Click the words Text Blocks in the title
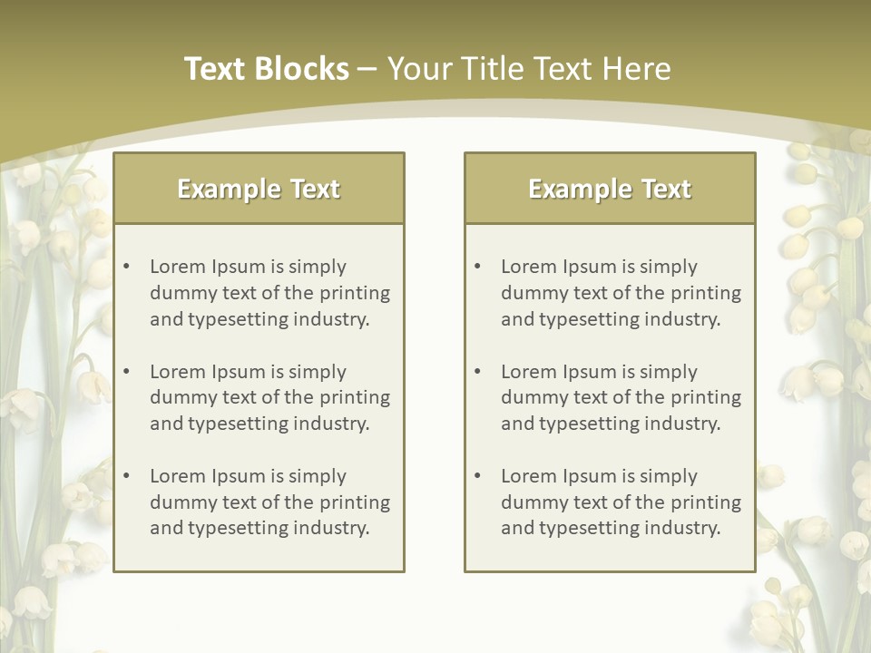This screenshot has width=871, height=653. coord(267,69)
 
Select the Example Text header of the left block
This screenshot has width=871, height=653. coord(259,189)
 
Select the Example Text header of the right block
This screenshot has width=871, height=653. coord(610,189)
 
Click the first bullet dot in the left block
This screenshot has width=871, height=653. coord(126,267)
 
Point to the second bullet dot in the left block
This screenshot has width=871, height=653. coord(126,372)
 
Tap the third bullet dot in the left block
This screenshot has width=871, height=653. coord(126,476)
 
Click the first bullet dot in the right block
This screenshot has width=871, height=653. coord(477,267)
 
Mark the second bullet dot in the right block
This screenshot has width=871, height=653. coord(477,372)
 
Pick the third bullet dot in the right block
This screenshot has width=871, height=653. coord(477,476)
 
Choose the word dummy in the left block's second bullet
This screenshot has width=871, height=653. coord(180,397)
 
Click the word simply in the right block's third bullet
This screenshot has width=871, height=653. coord(669,476)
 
